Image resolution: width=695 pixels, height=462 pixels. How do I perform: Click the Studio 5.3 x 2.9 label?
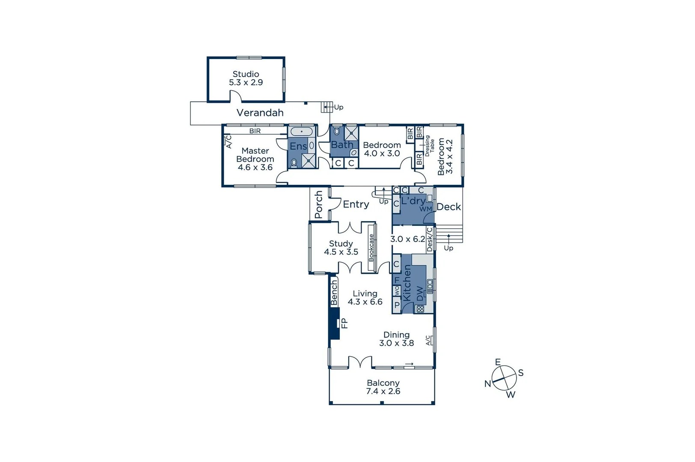(246, 78)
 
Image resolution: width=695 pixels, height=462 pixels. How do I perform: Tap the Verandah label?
(260, 113)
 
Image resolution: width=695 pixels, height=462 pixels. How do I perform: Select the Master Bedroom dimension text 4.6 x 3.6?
(255, 167)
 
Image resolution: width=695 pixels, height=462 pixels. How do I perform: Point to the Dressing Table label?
(429, 146)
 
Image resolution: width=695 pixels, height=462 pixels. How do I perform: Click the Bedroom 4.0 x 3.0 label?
(382, 149)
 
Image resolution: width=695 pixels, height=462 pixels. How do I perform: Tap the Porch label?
(319, 204)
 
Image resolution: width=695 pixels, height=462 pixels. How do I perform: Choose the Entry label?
(356, 204)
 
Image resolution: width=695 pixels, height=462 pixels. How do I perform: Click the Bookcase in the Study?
(371, 247)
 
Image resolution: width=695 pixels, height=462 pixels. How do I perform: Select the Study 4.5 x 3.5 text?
(341, 248)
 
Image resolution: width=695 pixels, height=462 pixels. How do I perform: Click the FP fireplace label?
(345, 323)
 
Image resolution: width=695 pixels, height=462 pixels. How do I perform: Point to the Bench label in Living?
(334, 293)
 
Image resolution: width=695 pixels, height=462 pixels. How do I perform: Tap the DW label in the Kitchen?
(419, 293)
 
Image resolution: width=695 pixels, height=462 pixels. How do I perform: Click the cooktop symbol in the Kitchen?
(420, 309)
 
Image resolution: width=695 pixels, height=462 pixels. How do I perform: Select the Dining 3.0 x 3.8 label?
(396, 339)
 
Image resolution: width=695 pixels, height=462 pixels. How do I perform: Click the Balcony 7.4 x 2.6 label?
(383, 387)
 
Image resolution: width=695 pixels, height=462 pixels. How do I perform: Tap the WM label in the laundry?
(425, 209)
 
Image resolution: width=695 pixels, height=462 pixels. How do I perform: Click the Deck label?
(448, 207)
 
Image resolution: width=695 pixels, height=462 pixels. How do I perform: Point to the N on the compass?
(487, 384)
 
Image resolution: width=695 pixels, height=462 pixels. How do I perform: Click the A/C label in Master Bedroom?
(228, 141)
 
